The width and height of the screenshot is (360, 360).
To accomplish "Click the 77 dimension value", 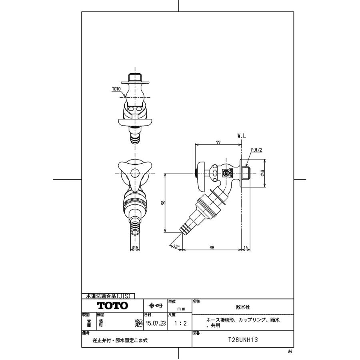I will point(218,142).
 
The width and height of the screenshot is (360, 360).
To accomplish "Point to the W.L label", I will point(242,136).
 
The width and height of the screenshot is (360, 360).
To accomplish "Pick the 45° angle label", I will point(176,246).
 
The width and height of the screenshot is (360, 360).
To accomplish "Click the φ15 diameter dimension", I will point(135,248).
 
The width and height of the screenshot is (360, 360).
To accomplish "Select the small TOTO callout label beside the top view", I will point(116,89).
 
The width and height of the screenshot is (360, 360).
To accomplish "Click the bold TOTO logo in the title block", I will point(113,306).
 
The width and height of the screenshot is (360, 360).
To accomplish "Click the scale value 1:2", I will point(179,323).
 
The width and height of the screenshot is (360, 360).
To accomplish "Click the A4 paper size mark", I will point(290,351).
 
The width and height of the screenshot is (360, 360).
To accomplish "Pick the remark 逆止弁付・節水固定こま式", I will point(120,341).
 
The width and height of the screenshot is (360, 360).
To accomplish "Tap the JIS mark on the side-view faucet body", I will point(225,173).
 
